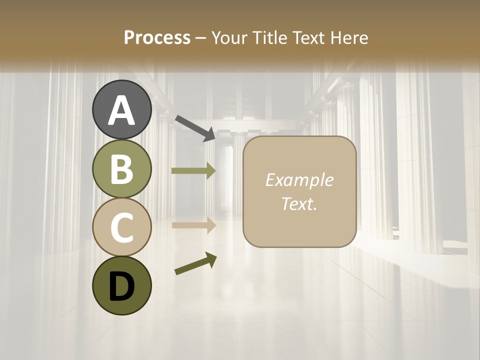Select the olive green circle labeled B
[122, 169]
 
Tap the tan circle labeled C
[122, 227]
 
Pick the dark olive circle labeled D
[122, 285]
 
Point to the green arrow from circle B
[193, 170]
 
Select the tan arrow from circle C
[193, 225]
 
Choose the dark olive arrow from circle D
[195, 263]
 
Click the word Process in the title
[157, 37]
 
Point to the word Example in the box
[299, 180]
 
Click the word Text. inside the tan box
[299, 203]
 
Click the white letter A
[122, 110]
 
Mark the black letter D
[121, 286]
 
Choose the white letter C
[121, 227]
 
